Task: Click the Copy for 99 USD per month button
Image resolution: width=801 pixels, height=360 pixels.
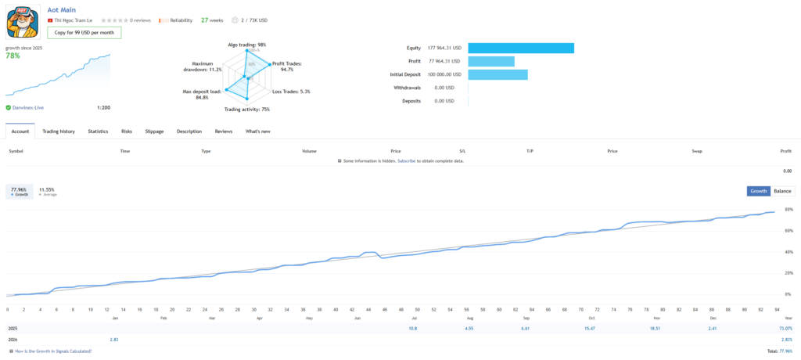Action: pos(84,33)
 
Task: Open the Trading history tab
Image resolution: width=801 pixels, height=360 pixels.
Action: pos(59,131)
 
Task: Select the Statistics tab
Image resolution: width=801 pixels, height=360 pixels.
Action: pos(98,131)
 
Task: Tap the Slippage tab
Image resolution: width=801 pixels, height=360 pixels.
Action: pos(154,131)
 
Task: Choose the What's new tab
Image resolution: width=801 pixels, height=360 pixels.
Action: pos(257,131)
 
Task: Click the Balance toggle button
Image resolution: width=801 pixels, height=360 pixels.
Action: pos(782,191)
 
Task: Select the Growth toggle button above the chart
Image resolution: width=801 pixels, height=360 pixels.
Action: pos(759,191)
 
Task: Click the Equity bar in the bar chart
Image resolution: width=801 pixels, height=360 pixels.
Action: pos(521,48)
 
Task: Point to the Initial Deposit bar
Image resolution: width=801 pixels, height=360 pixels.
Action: pos(497,74)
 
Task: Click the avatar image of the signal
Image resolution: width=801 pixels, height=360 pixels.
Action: pos(22,21)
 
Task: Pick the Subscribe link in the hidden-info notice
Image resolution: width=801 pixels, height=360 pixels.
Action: pos(406,160)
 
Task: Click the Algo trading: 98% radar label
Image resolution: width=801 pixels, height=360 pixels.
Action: pos(246,45)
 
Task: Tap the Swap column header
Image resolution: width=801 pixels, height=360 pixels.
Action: pos(696,150)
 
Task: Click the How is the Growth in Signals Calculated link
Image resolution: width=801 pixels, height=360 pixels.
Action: pos(52,351)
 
